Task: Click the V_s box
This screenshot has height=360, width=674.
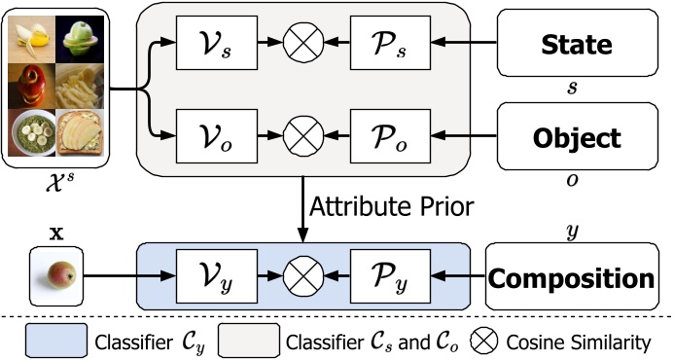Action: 216,44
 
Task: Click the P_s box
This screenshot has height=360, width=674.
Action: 387,44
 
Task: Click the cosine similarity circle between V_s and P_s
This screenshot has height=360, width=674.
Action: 302,44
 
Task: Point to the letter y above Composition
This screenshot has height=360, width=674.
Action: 572,231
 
